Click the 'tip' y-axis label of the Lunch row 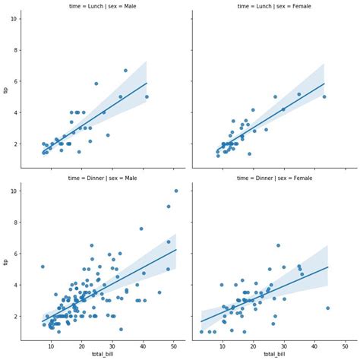point(6,90)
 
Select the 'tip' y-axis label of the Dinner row point(6,262)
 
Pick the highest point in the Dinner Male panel point(176,191)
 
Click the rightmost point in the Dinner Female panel point(327,308)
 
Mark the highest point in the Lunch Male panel point(125,71)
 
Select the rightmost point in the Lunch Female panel point(324,96)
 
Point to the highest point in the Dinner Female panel point(278,245)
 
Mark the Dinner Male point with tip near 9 point(169,206)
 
